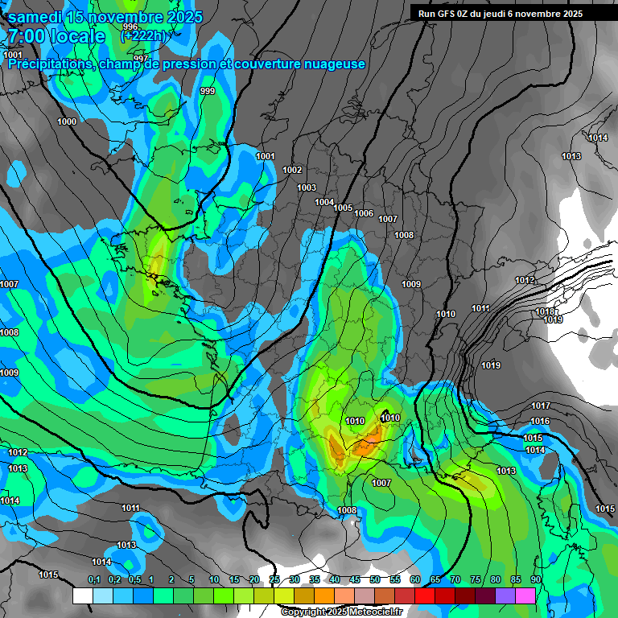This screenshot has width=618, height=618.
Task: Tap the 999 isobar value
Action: (x=208, y=91)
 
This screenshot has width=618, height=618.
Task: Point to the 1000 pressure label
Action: (x=68, y=122)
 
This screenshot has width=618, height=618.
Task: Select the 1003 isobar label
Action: (x=307, y=187)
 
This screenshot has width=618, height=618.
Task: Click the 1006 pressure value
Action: (x=364, y=213)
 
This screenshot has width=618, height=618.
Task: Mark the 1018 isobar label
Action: (x=546, y=311)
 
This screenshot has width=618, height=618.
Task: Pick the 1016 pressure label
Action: (x=540, y=422)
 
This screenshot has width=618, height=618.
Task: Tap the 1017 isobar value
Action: (x=541, y=406)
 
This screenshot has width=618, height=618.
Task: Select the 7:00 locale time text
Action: (x=56, y=36)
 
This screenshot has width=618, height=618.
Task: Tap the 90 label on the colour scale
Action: (x=535, y=580)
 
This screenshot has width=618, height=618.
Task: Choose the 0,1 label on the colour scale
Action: (x=94, y=580)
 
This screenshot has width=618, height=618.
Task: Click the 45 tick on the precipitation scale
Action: (x=355, y=580)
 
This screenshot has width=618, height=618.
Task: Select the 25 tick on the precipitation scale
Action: (x=274, y=580)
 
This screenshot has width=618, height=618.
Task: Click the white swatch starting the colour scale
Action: (x=82, y=595)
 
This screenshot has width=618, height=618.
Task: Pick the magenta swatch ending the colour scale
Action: (x=525, y=595)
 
